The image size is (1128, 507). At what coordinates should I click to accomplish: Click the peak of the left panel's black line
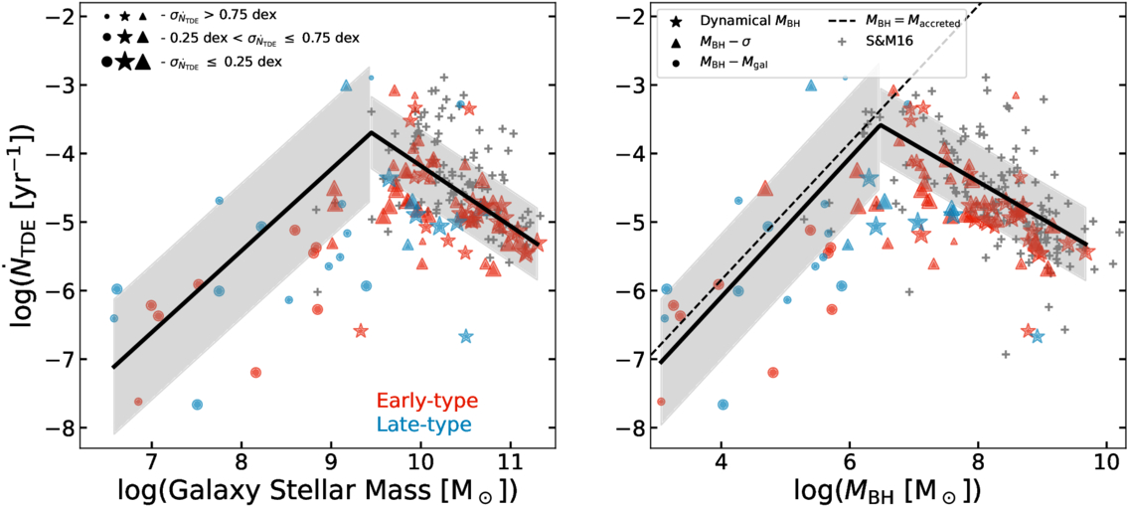click(371, 131)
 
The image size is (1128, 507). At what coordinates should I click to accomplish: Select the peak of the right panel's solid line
click(880, 124)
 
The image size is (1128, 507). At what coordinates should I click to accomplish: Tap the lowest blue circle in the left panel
click(197, 405)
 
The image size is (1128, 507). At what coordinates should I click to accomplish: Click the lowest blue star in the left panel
click(466, 336)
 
